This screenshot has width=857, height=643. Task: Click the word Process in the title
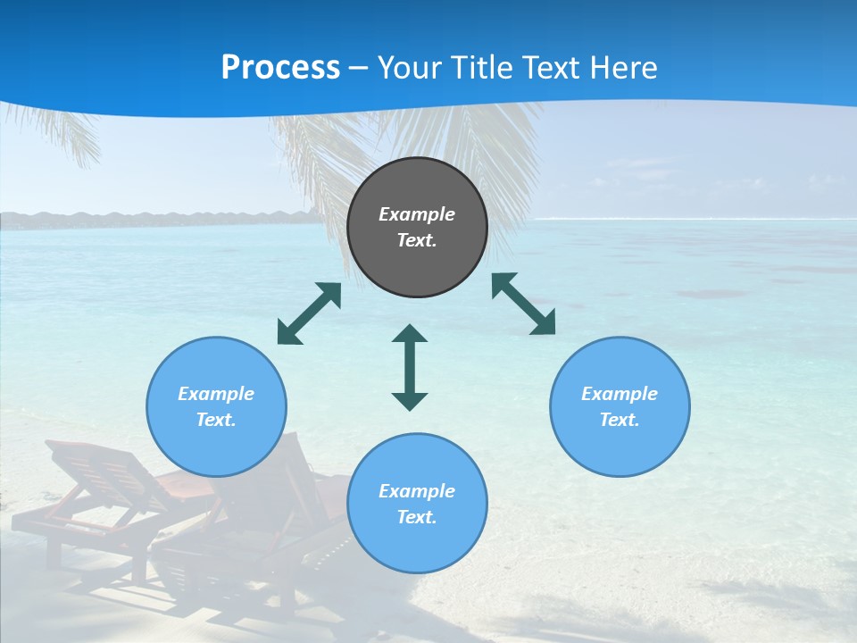[280, 68]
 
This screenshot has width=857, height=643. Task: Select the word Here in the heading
[624, 68]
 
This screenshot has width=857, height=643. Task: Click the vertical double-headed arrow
[410, 367]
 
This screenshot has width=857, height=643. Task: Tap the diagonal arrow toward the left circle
[309, 313]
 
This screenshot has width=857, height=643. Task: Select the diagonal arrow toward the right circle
[523, 304]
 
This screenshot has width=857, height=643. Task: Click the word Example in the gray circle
[417, 214]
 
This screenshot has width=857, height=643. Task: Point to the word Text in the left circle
[216, 420]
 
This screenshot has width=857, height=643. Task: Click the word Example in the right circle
[620, 394]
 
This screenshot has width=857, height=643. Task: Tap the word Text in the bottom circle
[417, 517]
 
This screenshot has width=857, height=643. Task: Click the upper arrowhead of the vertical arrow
[410, 334]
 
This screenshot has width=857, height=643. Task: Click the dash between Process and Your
[359, 68]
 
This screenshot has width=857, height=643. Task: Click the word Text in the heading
[552, 68]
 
